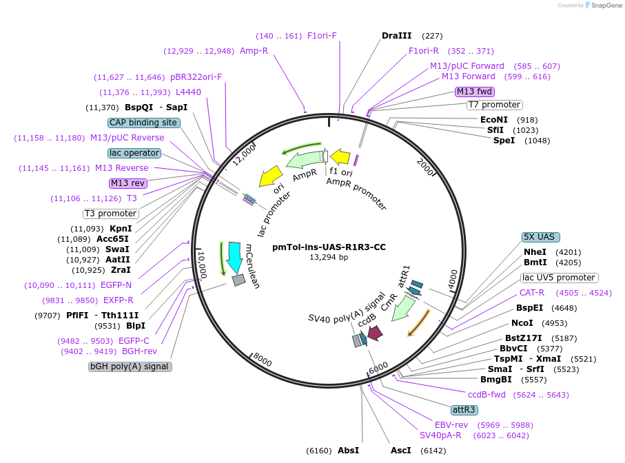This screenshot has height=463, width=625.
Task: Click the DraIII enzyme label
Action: coord(397,36)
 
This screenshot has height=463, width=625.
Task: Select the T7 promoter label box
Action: coord(494,105)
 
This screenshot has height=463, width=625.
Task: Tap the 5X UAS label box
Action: coord(540,236)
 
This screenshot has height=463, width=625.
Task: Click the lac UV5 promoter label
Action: coord(559,278)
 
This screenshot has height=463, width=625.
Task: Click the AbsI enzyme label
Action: coord(348,450)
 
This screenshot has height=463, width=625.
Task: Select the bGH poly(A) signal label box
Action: coord(130,367)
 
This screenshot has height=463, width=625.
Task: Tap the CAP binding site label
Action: coord(144,123)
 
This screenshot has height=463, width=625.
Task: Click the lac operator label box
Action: coord(134,153)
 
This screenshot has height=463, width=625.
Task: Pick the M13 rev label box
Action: coord(128,183)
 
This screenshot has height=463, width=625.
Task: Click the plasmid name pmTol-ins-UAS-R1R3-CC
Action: coord(329,247)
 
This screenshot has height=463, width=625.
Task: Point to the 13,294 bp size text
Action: coord(329,257)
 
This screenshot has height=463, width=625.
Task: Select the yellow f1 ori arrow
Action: coord(340,158)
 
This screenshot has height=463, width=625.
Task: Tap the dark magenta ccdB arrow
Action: coord(375,333)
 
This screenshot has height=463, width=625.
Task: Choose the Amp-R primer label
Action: coord(254,51)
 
